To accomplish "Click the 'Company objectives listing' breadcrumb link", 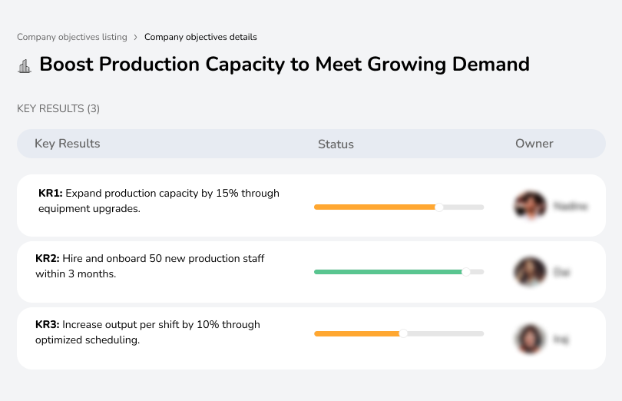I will (72, 37).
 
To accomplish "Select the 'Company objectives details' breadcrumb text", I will (200, 37).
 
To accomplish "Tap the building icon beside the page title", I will (25, 65).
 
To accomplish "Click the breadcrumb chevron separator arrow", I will (136, 37).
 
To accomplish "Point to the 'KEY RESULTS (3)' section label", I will (58, 109).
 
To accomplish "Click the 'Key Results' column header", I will (67, 144).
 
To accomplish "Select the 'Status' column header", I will (336, 144).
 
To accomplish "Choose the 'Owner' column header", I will (534, 144).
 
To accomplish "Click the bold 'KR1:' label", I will (50, 194).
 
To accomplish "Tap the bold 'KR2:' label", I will (48, 259).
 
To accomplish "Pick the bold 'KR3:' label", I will (48, 325).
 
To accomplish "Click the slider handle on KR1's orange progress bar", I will (439, 207).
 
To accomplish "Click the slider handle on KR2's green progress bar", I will (465, 272).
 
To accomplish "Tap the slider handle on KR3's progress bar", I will (403, 333).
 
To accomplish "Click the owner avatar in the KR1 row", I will (530, 206).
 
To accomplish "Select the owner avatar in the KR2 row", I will (530, 272).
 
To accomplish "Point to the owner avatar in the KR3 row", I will (530, 338).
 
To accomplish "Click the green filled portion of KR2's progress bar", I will (384, 272).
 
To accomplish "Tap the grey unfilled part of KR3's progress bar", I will (445, 333).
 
